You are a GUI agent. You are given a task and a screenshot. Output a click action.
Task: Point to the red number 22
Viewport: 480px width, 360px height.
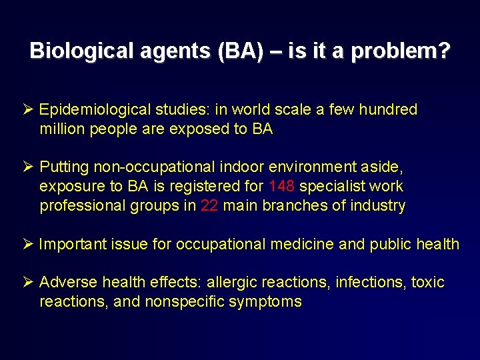[x=209, y=205]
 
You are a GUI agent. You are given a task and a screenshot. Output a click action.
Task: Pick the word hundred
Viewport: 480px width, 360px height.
[x=387, y=110]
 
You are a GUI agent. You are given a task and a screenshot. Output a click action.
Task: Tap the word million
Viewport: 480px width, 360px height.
[x=61, y=129]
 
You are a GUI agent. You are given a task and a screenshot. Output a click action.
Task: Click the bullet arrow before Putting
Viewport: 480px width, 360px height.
[x=29, y=167]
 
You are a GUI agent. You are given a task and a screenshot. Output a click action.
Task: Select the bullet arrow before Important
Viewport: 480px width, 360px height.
[x=29, y=245]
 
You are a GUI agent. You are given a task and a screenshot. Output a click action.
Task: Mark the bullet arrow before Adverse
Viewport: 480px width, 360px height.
[x=29, y=283]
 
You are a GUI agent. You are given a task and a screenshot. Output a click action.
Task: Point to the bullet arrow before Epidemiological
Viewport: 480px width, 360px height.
[x=29, y=110]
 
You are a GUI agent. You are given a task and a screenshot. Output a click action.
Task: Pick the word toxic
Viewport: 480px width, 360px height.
[x=428, y=283]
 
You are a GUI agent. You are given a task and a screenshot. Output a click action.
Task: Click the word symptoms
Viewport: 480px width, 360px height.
[x=265, y=302]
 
